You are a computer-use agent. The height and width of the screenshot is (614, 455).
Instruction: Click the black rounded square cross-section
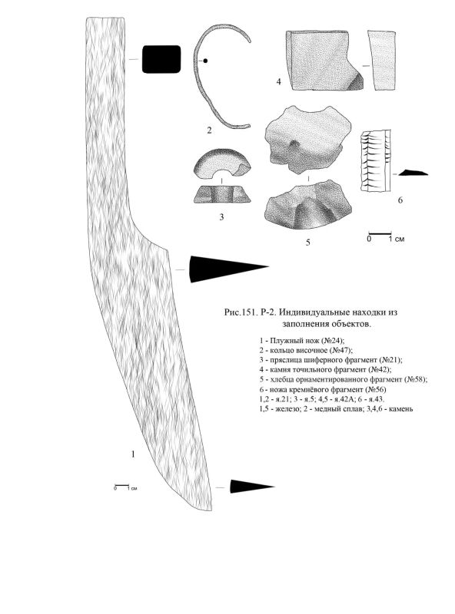coord(161,59)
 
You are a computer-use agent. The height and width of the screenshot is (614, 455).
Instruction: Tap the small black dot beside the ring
coord(205,61)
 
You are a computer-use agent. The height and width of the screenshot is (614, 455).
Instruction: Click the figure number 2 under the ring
coord(209,130)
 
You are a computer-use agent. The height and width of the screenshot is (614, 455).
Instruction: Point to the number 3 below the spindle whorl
coord(221,216)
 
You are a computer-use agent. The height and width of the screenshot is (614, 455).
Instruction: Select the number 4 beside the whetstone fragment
coord(278,82)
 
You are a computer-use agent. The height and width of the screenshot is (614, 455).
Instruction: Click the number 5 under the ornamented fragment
coord(308,243)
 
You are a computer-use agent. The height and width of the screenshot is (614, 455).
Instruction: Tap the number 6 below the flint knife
coord(400,200)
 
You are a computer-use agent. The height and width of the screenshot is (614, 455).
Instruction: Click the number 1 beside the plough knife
coord(134,454)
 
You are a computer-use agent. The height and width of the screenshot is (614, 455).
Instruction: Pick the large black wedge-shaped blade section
coord(228,269)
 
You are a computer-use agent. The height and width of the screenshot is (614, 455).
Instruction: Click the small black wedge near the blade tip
coord(252,487)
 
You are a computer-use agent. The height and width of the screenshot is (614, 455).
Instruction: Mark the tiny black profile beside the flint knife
coord(413,173)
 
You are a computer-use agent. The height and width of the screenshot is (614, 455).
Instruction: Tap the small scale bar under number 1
coord(122,486)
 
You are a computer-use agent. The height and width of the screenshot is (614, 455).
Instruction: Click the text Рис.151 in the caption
coord(240,312)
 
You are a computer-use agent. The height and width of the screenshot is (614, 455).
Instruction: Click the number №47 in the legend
coord(341,350)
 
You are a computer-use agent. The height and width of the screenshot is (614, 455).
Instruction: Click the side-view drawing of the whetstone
coord(381,61)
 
